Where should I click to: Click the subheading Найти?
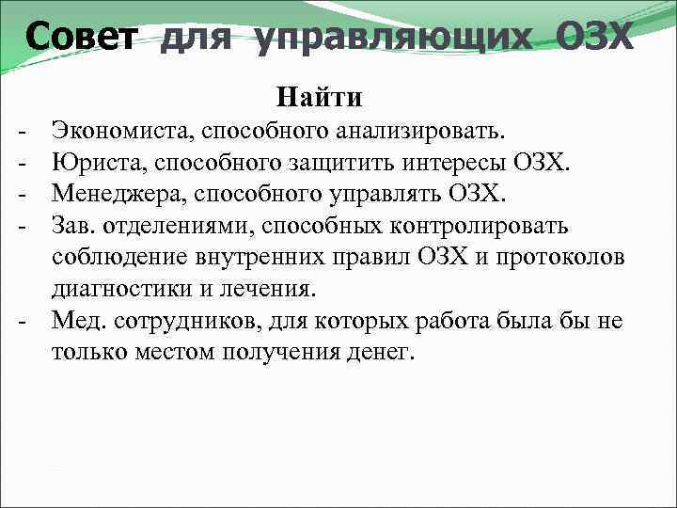[x=319, y=97]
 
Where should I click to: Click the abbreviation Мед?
[x=77, y=321]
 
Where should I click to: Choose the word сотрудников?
[x=181, y=321]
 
